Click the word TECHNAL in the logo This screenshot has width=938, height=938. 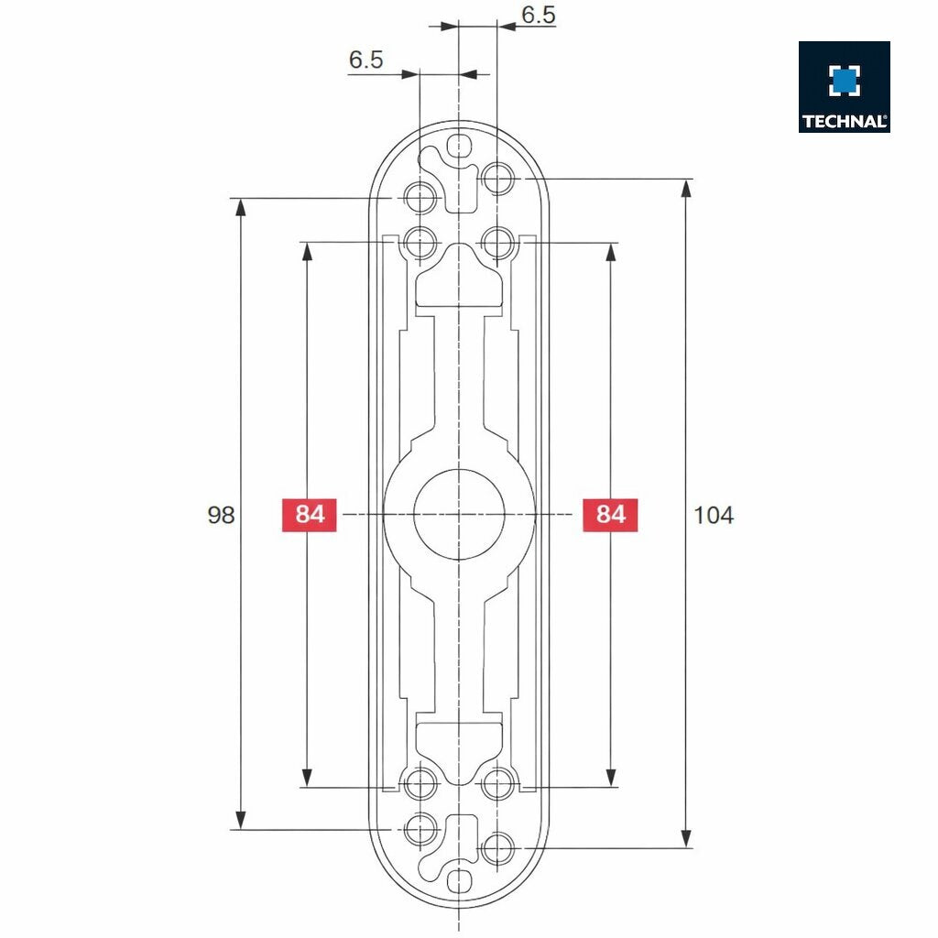point(844,121)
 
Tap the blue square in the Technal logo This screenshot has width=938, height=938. point(844,81)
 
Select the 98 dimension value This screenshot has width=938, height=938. point(221,515)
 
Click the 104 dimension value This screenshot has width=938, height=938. point(714,515)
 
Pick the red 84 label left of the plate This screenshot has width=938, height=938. point(310,515)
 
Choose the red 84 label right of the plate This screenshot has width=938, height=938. point(610,515)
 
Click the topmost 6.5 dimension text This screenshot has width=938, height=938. point(538,15)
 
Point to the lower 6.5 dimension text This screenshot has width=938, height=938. point(365,60)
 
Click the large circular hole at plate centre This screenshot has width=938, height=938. point(457,515)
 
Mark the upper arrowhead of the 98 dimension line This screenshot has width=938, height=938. point(241,207)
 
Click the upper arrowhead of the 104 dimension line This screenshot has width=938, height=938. point(686,189)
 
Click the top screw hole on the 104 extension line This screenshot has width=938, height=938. point(497,178)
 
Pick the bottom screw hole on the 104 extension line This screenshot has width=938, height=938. point(497,848)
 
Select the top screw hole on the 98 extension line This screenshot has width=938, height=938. point(420,197)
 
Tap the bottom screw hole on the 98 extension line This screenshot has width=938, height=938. point(420,829)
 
